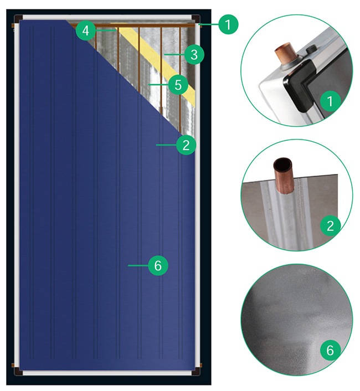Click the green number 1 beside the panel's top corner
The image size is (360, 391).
(x=228, y=24)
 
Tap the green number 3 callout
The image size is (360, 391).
(x=193, y=54)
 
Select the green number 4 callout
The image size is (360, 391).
(x=85, y=31)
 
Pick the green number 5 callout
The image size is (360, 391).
(x=178, y=85)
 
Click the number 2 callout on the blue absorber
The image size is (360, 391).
(x=186, y=145)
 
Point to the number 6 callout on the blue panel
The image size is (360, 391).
(x=158, y=266)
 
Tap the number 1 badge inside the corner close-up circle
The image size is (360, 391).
(x=331, y=101)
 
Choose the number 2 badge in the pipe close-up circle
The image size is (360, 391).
(x=331, y=225)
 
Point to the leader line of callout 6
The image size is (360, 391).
(x=137, y=266)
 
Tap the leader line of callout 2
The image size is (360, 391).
(x=166, y=145)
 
